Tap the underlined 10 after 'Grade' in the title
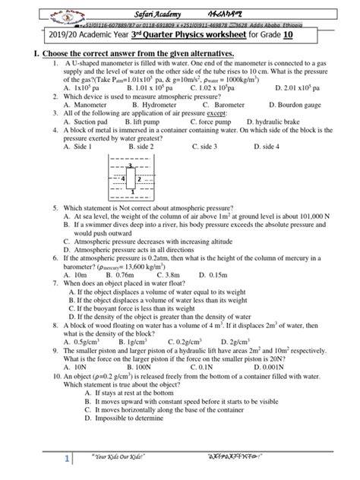click(308, 35)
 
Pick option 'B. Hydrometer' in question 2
click(137, 106)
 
